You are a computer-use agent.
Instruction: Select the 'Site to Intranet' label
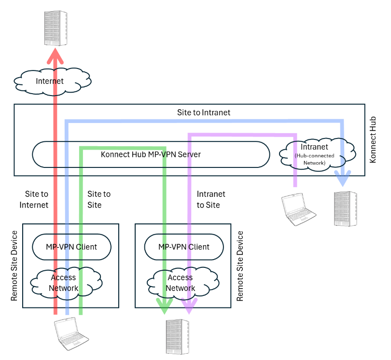204,112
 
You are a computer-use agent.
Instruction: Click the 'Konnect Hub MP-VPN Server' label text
151,155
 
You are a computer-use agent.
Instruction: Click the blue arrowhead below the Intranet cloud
343,180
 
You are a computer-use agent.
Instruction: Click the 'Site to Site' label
99,199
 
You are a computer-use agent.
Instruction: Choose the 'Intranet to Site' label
211,199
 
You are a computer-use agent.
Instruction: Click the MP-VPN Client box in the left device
71,247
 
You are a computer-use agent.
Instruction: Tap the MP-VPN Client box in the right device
184,247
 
